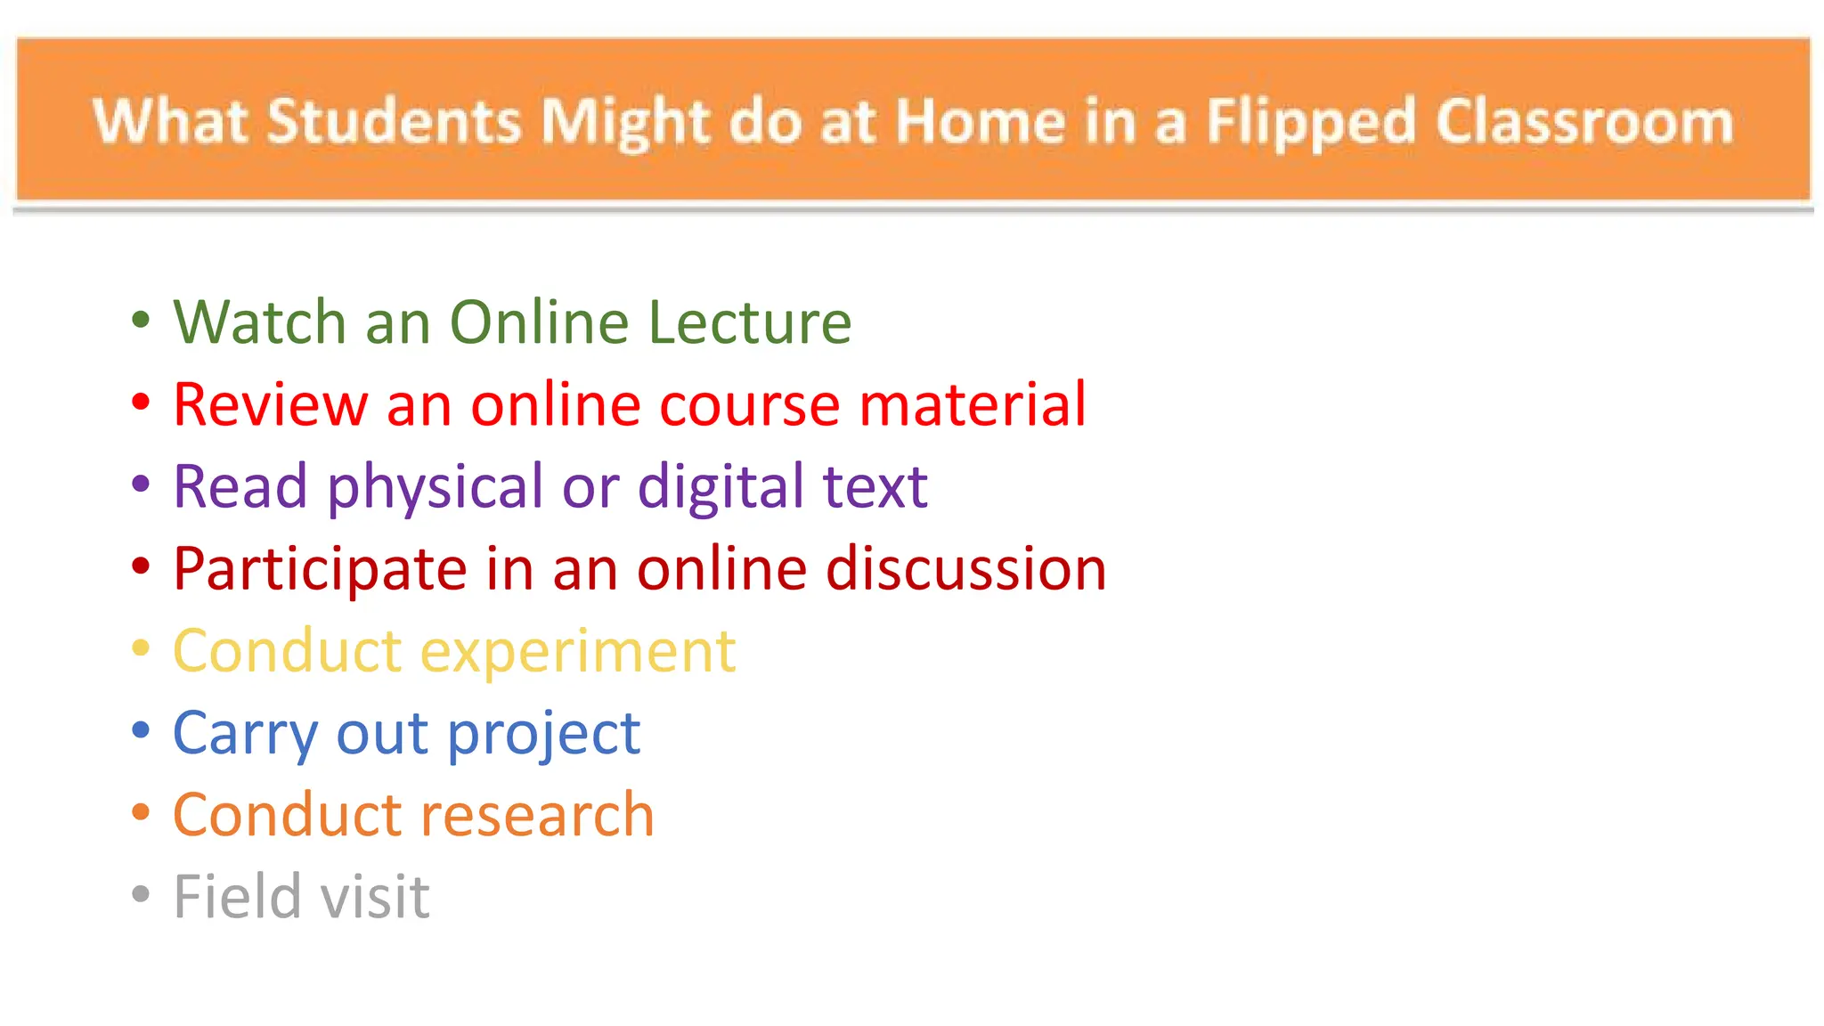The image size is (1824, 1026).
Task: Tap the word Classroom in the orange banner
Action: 1584,121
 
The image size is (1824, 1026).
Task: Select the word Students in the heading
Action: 394,121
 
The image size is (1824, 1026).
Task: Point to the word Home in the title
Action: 980,121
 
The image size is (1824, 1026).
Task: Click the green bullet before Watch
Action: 141,319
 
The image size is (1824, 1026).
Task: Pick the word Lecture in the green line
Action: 749,322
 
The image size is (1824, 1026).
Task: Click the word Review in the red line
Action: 270,404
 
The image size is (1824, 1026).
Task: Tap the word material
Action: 973,404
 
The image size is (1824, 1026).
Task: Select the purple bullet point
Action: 141,484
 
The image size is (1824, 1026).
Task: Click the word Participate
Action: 320,569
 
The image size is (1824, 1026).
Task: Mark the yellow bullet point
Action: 141,647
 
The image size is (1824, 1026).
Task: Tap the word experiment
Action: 578,652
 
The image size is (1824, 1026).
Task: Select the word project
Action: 543,734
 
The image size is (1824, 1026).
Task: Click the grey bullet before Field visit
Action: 141,893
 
